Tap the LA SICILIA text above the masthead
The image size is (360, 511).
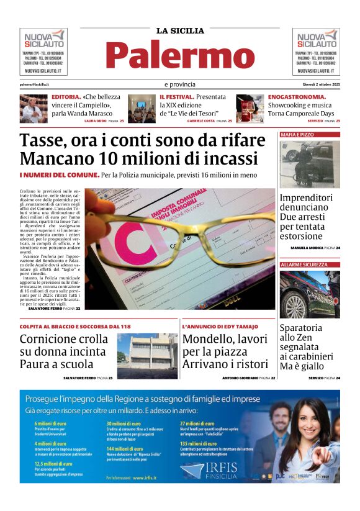click(x=180, y=30)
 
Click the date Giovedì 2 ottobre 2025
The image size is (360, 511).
click(x=317, y=84)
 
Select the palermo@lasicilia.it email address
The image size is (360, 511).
click(x=34, y=84)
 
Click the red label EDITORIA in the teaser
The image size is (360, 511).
click(x=65, y=97)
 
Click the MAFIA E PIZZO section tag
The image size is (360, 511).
click(x=297, y=134)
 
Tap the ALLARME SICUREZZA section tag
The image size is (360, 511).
click(x=304, y=265)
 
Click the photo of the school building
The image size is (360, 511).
click(x=147, y=356)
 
